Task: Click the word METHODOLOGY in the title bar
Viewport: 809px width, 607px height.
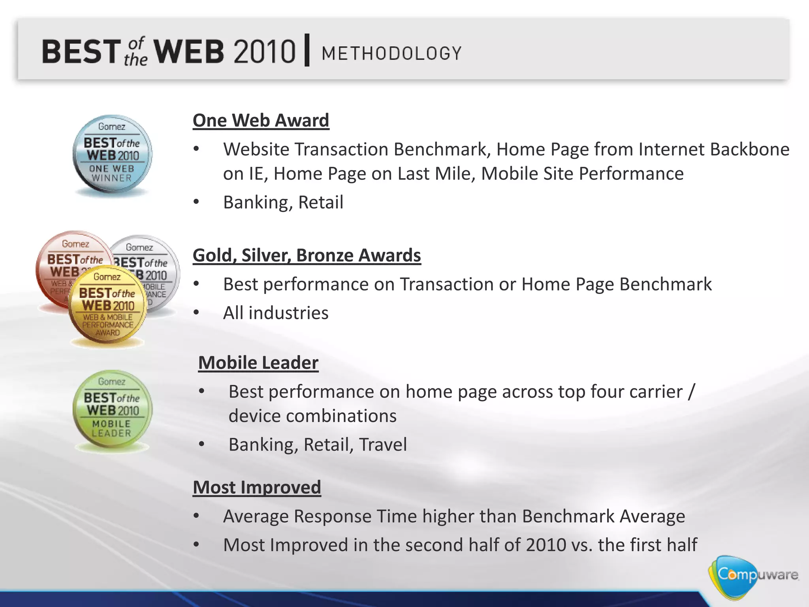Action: point(391,53)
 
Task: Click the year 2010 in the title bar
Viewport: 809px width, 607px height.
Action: point(264,52)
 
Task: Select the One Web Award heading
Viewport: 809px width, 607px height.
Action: point(261,120)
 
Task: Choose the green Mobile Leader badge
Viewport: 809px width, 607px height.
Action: point(112,410)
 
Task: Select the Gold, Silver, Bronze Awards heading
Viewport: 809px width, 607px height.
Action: point(307,255)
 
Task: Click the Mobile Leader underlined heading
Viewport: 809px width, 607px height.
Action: point(258,362)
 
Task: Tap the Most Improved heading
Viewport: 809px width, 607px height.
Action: point(257,487)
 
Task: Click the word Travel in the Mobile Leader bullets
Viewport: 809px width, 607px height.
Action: point(383,444)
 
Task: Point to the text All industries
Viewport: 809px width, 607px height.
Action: point(275,313)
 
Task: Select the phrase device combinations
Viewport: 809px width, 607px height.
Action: point(312,416)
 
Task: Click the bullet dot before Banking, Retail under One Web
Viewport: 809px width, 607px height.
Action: point(196,202)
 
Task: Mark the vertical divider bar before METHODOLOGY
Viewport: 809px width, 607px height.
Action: point(307,51)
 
